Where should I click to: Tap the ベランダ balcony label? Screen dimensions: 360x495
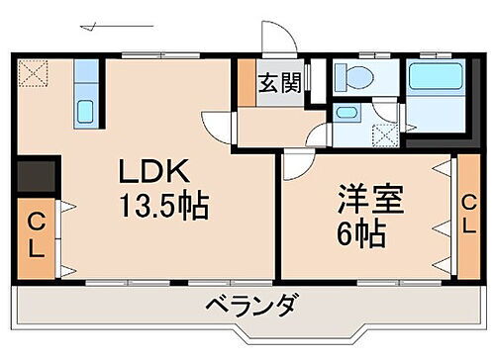(x=250, y=306)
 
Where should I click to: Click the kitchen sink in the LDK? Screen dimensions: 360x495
(x=85, y=109)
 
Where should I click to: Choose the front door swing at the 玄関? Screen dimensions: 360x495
(x=278, y=38)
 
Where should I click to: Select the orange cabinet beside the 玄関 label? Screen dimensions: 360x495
(x=246, y=82)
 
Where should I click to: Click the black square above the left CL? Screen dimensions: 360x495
(x=36, y=178)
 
